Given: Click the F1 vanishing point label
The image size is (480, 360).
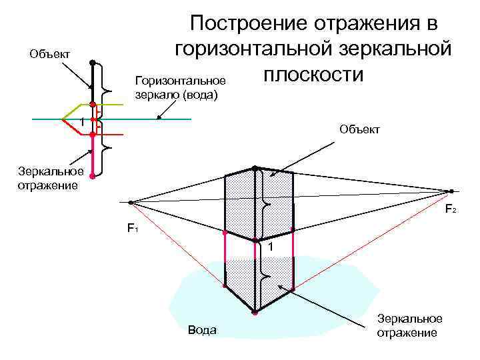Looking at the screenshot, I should coord(133,229).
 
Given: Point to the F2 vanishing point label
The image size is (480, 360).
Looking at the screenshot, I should coord(451,209).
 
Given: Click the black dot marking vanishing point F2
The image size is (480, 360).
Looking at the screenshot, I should coord(451,191).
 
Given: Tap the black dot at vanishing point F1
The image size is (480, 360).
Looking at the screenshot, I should coord(131,201).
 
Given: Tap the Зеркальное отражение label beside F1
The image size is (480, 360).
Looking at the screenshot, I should coord(46,178).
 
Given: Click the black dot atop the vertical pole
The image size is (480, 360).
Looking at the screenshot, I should coord(93,63).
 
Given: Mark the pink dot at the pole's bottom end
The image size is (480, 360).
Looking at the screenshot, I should coord(93,177).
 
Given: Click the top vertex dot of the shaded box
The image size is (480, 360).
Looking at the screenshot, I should coord(255,168).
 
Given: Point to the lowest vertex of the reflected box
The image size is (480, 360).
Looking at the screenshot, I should coord(255,311).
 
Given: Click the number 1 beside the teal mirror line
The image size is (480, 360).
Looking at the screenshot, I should coord(81,123).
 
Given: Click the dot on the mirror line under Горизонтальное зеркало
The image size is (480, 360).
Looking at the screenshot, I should coord(159,119).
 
